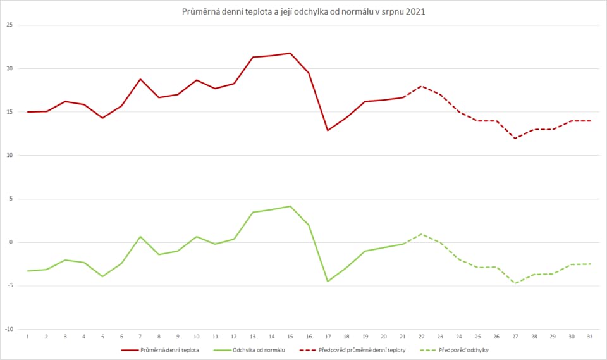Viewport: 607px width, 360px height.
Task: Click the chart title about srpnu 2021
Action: [303, 11]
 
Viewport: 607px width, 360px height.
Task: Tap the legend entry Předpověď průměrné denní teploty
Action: [358, 349]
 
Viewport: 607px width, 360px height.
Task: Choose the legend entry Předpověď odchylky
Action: [465, 349]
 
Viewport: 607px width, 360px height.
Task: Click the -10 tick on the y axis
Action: [9, 329]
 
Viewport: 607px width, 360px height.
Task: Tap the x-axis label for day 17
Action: [328, 337]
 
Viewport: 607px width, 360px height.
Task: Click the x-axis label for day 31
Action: [589, 337]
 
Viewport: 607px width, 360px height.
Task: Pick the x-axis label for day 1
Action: [28, 337]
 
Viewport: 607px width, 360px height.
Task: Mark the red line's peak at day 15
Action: [290, 53]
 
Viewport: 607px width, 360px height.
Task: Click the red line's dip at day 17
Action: [328, 130]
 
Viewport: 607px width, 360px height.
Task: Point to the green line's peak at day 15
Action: [290, 206]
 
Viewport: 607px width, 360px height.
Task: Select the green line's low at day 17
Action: [328, 282]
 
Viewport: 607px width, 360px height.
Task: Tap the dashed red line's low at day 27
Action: [515, 138]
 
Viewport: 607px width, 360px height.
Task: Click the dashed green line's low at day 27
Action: [515, 283]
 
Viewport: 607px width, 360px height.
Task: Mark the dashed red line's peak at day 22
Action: [421, 86]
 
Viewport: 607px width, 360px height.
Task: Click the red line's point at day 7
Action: [140, 79]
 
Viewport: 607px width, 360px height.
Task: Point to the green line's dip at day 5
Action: [102, 276]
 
